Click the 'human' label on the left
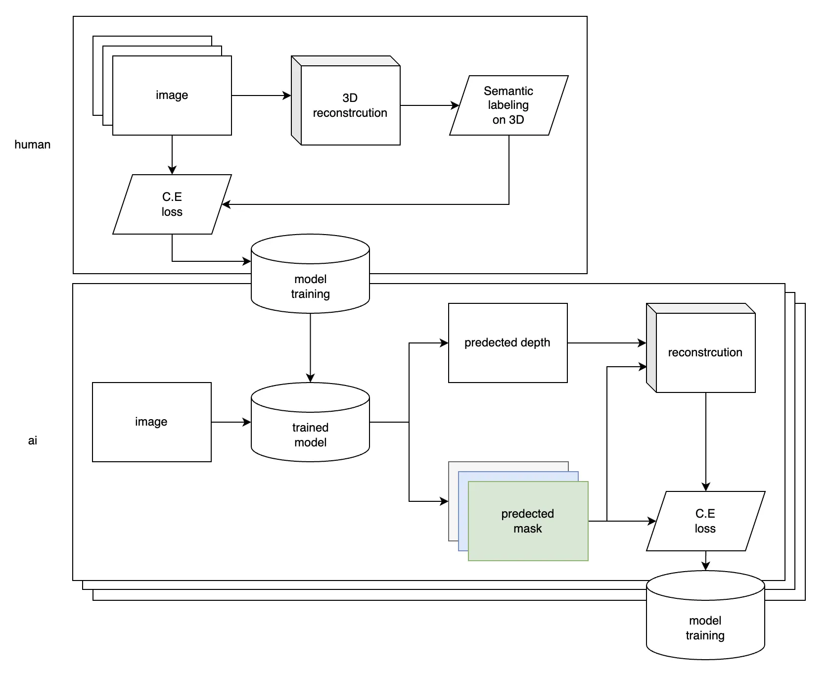pos(33,145)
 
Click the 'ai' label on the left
pos(33,440)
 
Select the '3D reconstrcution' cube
pos(350,105)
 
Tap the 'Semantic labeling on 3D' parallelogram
pos(508,105)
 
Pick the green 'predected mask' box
pos(528,521)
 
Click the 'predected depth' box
pos(508,342)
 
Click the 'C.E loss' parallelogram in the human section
pos(172,204)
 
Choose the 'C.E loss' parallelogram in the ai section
pos(705,521)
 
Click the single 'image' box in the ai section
pos(151,422)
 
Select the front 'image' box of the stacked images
pos(172,95)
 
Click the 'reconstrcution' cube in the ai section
pos(705,352)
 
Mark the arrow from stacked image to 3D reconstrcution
pos(261,96)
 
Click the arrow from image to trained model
pos(231,422)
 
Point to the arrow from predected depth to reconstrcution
pos(606,343)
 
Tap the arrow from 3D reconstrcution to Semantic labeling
pos(429,105)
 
